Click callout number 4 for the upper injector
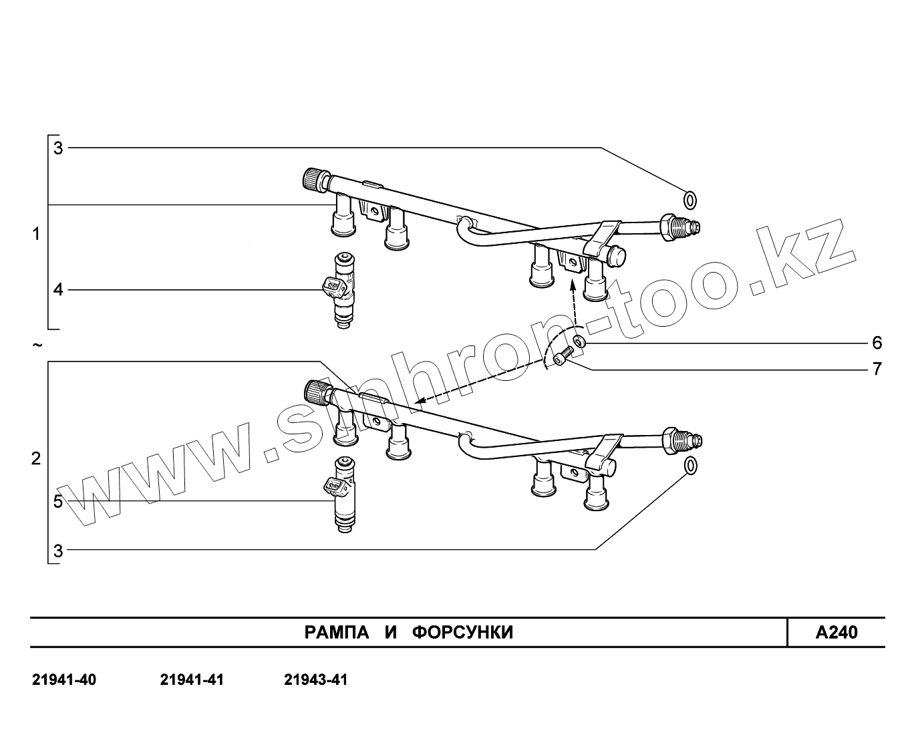tap(58, 290)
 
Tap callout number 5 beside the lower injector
tap(58, 501)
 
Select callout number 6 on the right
tap(877, 343)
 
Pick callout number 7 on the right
tap(877, 369)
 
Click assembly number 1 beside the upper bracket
tap(36, 234)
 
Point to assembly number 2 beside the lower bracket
tap(36, 459)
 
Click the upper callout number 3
tap(58, 148)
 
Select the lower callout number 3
tap(58, 551)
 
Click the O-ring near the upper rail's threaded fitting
tap(690, 199)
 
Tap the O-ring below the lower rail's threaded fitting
tap(691, 466)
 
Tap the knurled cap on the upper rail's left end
tap(313, 180)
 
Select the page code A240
tap(836, 632)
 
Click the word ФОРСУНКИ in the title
tap(462, 632)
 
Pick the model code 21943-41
tap(316, 680)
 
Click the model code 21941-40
tap(64, 680)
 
